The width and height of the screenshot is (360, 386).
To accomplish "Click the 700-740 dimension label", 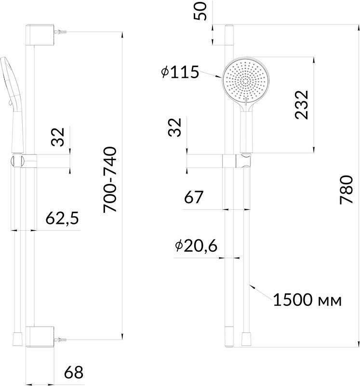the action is [x=110, y=179].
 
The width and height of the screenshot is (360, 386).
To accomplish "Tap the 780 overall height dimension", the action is [x=346, y=190].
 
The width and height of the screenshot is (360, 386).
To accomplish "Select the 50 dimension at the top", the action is [x=200, y=11].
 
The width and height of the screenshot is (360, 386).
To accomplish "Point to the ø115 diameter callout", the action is [x=180, y=72].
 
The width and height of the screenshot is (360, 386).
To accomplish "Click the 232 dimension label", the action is [x=301, y=105].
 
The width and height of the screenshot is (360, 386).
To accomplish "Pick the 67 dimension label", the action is [x=194, y=197].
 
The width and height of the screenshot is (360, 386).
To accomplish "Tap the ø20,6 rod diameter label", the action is [x=196, y=246].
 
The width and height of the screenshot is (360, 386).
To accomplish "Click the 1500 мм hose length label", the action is [x=307, y=300].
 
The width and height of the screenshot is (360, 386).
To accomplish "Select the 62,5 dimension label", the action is [x=63, y=218].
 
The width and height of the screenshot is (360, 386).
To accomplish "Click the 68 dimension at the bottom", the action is [x=74, y=372].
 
